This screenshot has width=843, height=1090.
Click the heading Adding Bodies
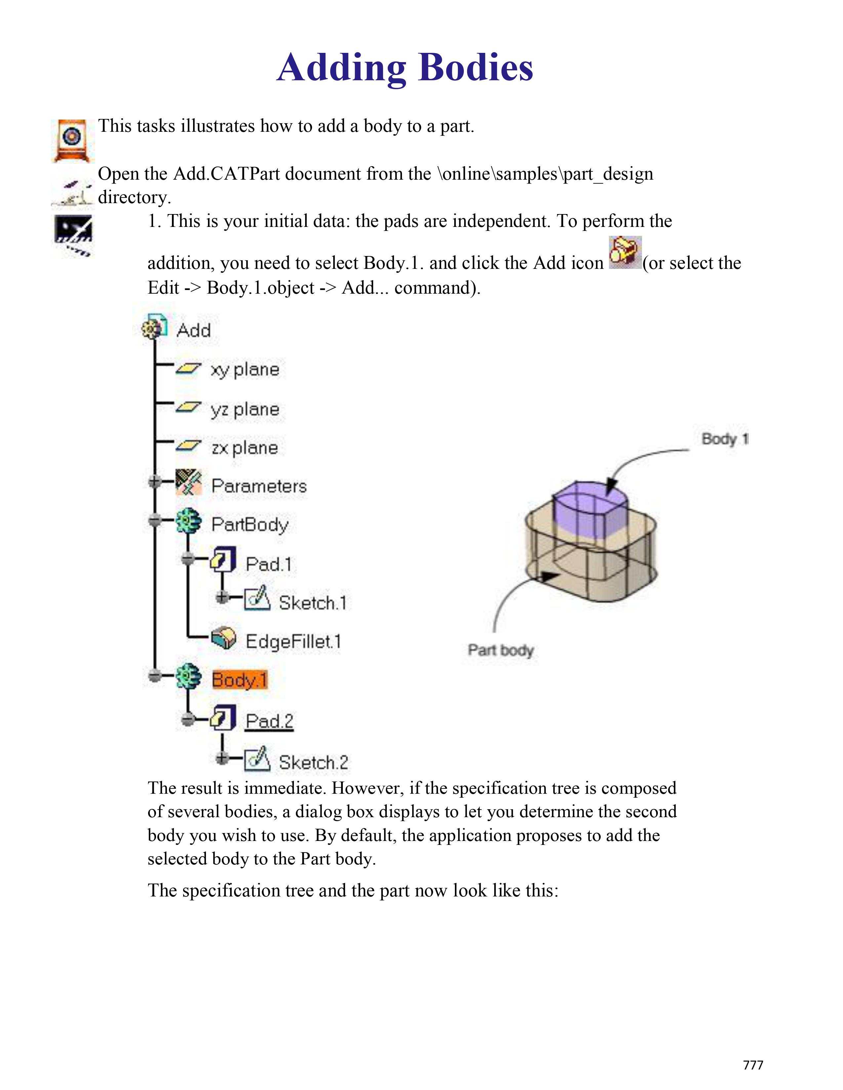tap(405, 67)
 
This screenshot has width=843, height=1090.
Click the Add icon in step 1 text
tap(625, 253)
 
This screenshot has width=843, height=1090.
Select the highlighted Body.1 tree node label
tap(240, 680)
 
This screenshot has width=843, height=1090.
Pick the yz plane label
tap(245, 409)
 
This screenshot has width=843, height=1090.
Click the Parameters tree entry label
tap(259, 486)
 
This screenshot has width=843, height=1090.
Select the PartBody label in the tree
tap(250, 525)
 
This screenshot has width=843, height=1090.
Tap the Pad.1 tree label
tap(268, 564)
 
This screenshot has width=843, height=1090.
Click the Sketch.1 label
tap(312, 603)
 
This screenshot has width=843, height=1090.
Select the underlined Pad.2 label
tap(269, 721)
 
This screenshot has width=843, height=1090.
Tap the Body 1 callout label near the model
tap(724, 439)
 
